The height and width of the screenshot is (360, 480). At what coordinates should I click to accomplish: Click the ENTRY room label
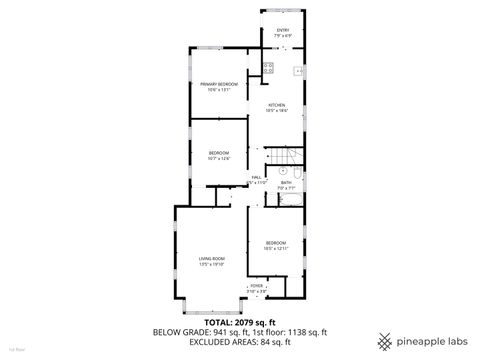click(x=283, y=30)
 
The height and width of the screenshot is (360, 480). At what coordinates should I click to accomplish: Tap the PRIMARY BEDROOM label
click(x=218, y=84)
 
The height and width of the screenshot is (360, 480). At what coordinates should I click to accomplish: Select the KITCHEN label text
click(x=276, y=105)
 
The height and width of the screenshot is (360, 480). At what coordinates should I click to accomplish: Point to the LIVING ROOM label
click(x=211, y=258)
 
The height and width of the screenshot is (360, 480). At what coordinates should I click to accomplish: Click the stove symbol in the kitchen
click(x=268, y=68)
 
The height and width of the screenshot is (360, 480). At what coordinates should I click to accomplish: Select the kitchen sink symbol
click(x=298, y=71)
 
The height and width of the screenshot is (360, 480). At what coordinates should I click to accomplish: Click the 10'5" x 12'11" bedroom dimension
click(x=276, y=248)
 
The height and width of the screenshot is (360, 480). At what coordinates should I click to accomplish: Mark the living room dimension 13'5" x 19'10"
click(x=211, y=264)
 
